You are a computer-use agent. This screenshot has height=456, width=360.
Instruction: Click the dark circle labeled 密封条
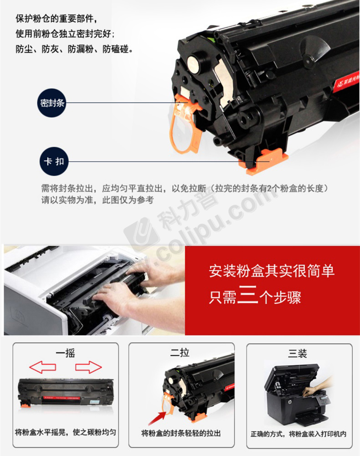click(51, 103)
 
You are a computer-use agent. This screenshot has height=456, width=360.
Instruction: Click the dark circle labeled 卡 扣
click(54, 161)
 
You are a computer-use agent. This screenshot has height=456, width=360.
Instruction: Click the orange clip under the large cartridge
click(263, 161)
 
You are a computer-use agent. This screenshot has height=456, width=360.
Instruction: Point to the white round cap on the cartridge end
click(194, 64)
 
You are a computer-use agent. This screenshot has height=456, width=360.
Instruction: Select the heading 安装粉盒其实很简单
click(272, 271)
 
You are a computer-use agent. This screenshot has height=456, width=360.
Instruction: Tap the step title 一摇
click(66, 353)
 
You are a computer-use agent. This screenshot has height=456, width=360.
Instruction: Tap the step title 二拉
click(180, 352)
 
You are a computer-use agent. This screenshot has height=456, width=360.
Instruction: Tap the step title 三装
click(298, 353)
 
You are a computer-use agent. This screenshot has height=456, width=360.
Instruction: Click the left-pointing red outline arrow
click(43, 367)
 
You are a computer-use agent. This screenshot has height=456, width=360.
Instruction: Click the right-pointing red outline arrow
click(88, 367)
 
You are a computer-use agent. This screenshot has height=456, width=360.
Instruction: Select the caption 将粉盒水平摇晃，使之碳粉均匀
click(65, 432)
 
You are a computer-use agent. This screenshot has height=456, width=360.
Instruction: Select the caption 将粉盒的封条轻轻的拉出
click(181, 433)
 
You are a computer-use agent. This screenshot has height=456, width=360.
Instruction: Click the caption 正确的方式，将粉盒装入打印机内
click(298, 434)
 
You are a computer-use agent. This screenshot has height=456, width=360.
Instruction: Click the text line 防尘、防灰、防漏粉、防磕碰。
click(75, 49)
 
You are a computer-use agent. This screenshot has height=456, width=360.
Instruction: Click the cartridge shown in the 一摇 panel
click(66, 393)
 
